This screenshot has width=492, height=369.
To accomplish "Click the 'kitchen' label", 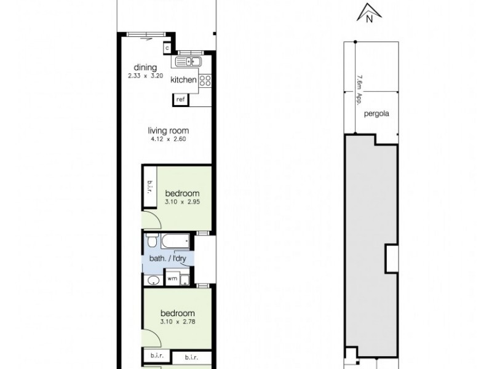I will coord(183,80).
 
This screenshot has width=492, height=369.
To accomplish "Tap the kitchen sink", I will coord(188,62).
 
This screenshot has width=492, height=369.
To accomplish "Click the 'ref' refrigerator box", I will coord(181,99).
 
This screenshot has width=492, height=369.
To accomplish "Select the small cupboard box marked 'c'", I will coord(167,47).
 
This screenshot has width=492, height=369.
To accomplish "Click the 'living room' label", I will coord(168,130).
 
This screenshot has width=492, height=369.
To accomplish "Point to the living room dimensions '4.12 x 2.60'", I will coord(168,139).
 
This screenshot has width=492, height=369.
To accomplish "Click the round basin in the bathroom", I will coord(153,281).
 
